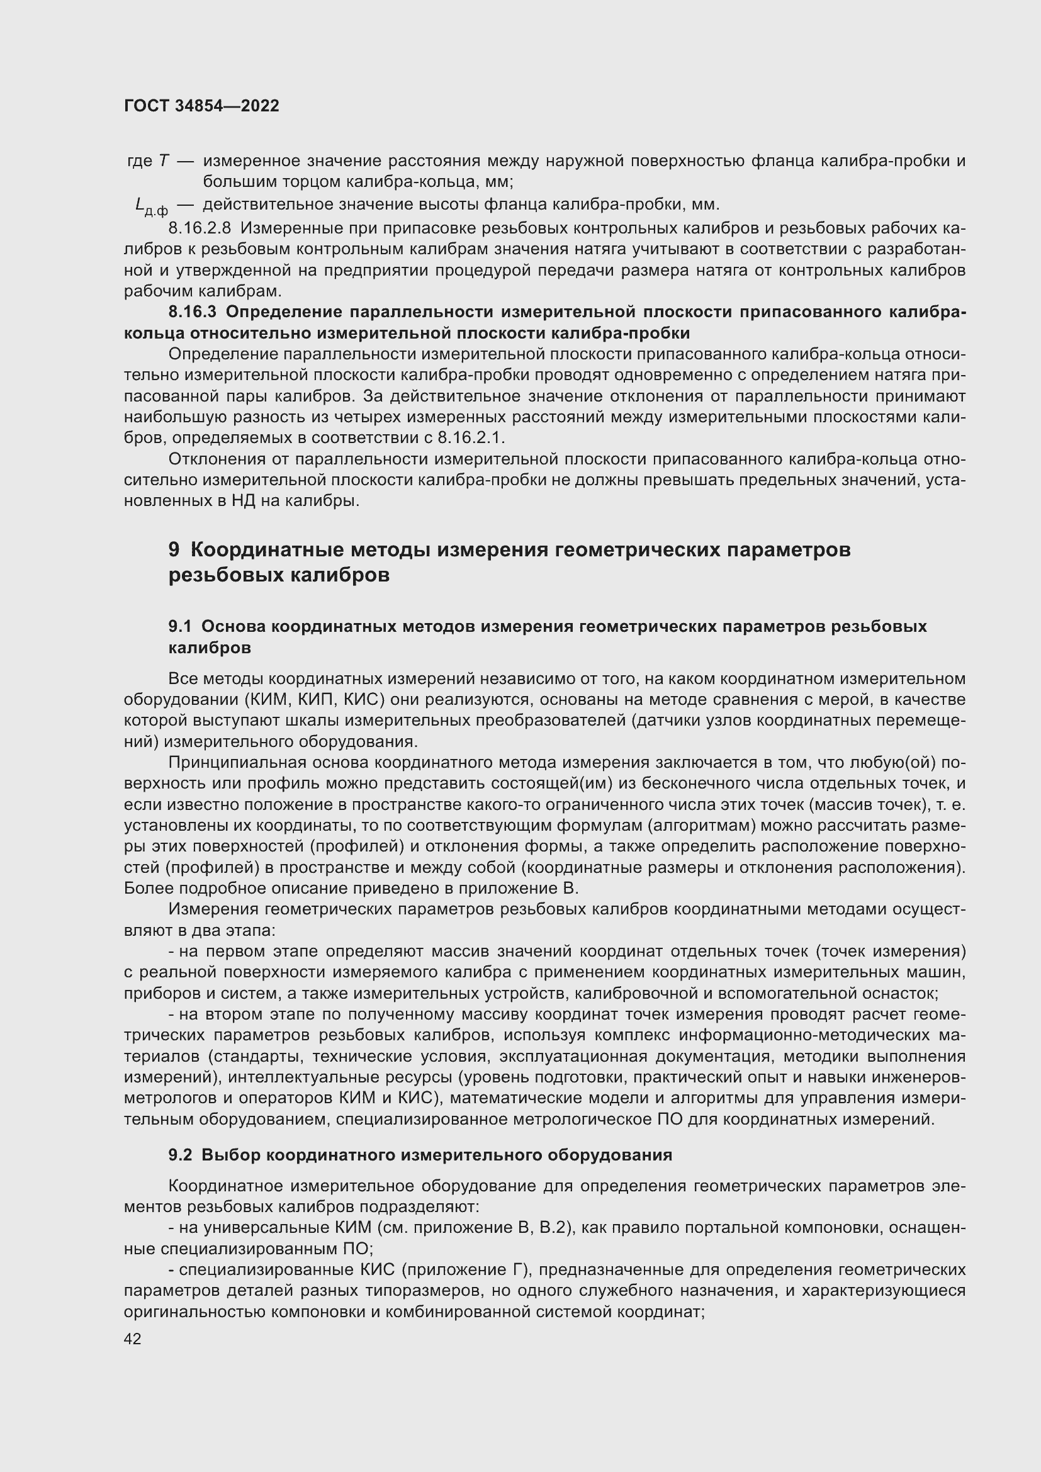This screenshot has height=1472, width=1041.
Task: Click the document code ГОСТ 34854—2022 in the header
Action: tap(201, 106)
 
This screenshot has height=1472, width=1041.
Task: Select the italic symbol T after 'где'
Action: tap(163, 161)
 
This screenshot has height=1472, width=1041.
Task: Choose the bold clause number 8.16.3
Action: tap(193, 312)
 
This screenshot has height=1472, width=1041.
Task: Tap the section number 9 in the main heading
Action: tap(174, 550)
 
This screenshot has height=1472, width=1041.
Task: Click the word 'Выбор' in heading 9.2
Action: tap(230, 1155)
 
